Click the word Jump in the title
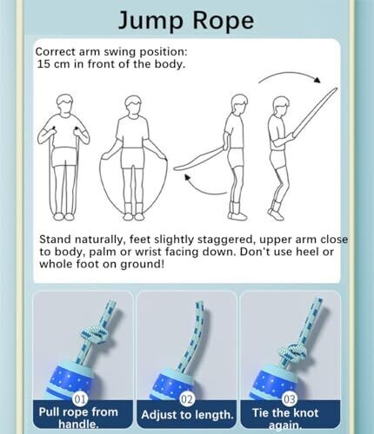(x=150, y=21)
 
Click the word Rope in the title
(x=224, y=19)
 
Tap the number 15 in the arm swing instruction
(x=44, y=63)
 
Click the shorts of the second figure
(x=133, y=158)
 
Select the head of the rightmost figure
(x=281, y=107)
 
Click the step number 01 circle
(x=80, y=399)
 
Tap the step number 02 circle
(x=186, y=399)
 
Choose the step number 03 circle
(x=290, y=399)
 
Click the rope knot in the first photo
(x=95, y=336)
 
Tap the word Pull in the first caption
(x=50, y=411)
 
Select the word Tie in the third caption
(x=261, y=412)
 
